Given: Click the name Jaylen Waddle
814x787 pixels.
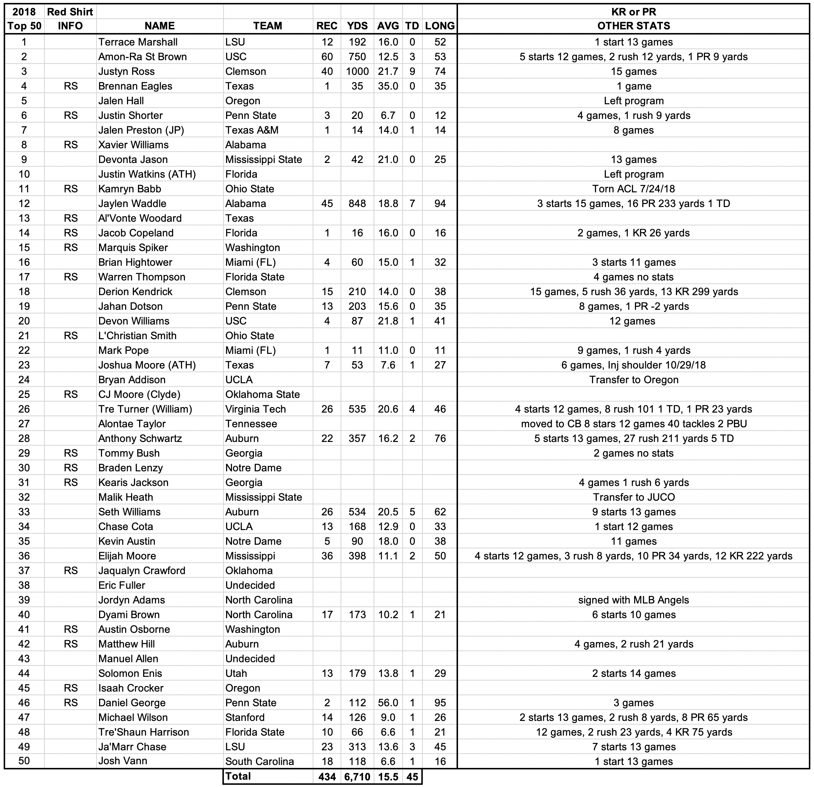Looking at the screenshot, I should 132,203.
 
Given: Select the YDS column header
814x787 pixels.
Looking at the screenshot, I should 357,26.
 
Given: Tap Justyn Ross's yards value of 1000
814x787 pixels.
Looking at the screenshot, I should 357,72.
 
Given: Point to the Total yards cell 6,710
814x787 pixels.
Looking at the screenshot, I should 357,777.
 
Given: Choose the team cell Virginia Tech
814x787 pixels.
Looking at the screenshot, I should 255,409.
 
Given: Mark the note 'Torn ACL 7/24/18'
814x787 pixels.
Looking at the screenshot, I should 633,189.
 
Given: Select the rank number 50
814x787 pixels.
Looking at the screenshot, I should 24,761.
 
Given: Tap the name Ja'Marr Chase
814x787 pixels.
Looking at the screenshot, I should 132,747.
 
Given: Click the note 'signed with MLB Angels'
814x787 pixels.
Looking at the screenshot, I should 633,600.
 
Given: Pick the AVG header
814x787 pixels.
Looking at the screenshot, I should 388,26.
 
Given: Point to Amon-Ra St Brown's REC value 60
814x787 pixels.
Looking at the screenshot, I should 327,57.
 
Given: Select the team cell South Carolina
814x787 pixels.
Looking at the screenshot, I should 259,761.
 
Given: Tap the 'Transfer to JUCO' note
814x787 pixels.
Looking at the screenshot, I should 633,497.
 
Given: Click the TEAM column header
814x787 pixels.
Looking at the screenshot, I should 268,26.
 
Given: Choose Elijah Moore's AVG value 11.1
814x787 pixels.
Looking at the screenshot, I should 388,556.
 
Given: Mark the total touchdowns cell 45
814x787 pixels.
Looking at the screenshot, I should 412,777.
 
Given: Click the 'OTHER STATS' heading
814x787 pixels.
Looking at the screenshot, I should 633,26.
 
